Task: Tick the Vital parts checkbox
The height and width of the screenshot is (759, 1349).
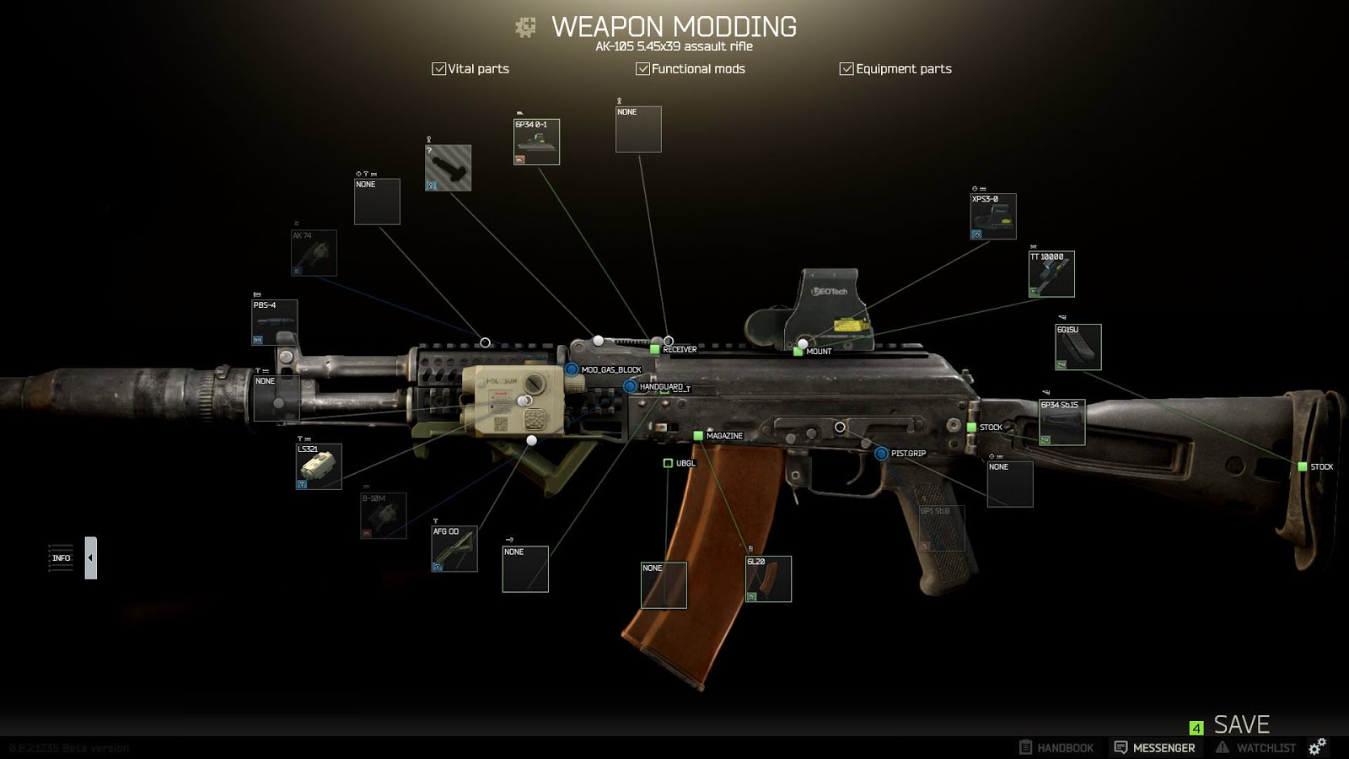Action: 438,69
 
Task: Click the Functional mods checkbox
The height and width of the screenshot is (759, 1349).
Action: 642,69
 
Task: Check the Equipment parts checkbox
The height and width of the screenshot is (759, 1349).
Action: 846,69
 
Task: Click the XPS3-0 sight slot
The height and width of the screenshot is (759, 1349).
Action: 993,217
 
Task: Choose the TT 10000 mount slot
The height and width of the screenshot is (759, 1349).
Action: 1051,274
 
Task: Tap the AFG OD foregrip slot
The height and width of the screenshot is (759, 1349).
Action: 454,549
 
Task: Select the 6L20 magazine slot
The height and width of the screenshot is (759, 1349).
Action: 768,579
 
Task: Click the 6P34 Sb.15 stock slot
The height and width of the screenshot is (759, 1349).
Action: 1061,423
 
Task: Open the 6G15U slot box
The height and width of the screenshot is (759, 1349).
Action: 1078,347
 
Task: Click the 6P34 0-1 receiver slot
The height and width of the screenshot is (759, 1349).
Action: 536,142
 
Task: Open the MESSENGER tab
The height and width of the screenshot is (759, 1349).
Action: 1154,748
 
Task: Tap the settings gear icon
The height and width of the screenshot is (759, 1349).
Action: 1317,746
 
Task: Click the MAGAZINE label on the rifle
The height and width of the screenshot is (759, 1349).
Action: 723,436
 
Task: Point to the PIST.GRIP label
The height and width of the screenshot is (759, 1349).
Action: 908,454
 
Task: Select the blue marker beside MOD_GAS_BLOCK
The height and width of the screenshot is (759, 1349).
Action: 572,369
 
